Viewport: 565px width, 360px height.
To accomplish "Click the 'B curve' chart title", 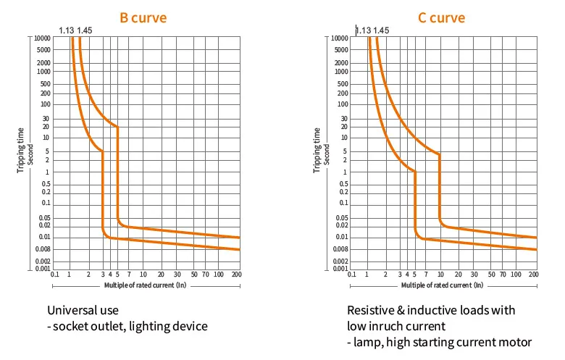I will click(143, 17).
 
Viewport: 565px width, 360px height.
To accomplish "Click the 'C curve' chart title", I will click(441, 17).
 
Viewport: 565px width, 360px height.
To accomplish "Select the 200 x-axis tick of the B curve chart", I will click(236, 275).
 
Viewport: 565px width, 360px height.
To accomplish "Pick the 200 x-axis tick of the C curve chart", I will click(535, 275).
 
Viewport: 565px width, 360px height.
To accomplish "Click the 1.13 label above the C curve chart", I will click(362, 30).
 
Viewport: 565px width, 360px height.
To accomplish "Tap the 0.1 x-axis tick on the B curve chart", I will click(55, 275).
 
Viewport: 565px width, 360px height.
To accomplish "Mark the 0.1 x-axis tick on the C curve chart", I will click(353, 275).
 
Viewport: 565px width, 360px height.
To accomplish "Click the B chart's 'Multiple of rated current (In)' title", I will click(146, 285).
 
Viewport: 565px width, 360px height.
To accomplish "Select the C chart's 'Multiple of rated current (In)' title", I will click(443, 285).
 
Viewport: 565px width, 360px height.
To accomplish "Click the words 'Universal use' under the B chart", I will click(81, 310).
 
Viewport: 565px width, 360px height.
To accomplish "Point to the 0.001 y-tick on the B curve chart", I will click(42, 269).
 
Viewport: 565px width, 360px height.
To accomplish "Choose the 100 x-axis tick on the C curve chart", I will click(519, 275).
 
